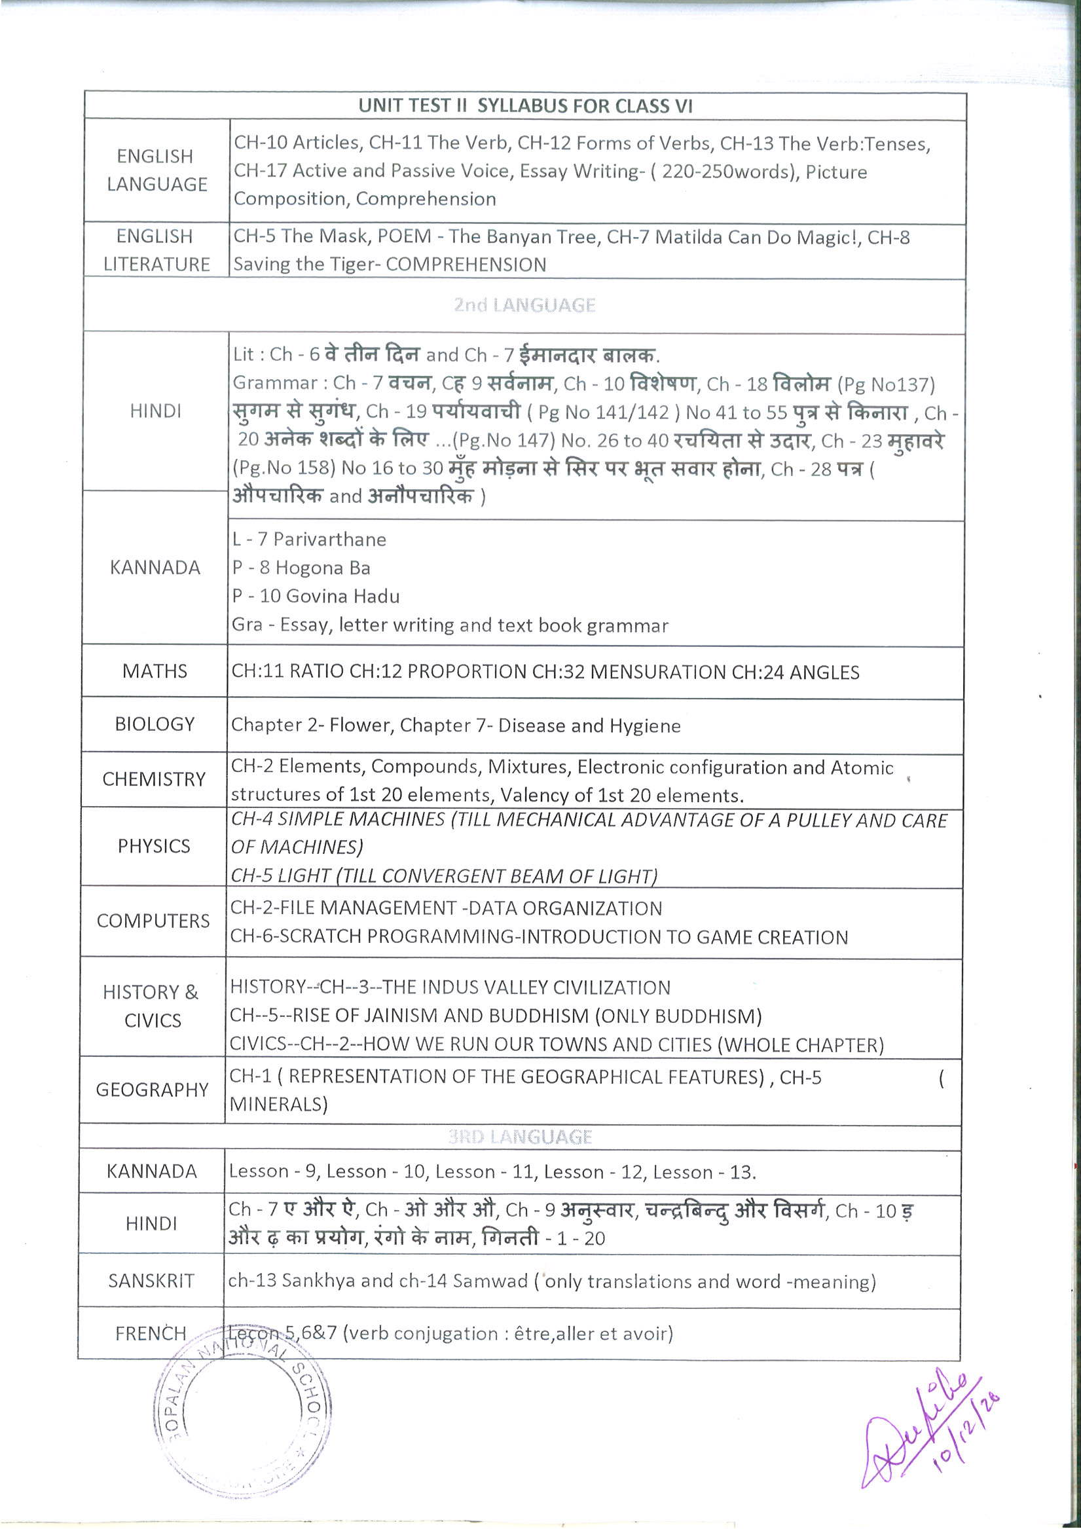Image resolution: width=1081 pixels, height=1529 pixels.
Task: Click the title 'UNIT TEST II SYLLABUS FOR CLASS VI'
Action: [x=525, y=106]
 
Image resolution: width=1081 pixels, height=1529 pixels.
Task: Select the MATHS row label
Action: [x=155, y=671]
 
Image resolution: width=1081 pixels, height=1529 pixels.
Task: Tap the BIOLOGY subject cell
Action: [x=155, y=724]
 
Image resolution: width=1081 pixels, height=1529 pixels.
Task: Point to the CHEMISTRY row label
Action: [x=154, y=779]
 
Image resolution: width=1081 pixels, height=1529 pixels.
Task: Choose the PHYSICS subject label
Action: [x=154, y=846]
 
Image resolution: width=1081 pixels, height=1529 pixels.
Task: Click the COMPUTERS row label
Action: [x=153, y=921]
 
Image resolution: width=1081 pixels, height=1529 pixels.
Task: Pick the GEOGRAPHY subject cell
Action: [x=153, y=1090]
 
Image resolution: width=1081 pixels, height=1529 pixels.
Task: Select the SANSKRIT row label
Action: [x=151, y=1281]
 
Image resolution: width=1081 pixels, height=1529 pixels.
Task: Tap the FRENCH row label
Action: [x=151, y=1333]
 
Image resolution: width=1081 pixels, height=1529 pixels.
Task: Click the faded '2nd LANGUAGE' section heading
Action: [x=524, y=306]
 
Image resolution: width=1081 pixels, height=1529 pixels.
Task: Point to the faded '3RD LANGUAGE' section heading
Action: [x=520, y=1137]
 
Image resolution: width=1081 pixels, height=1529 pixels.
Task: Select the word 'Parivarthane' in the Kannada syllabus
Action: [x=330, y=540]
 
